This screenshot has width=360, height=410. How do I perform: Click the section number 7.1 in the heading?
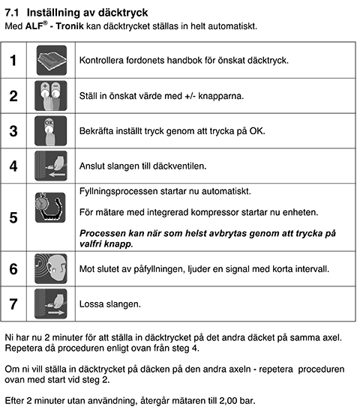15,13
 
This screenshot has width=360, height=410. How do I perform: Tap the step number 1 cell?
13,60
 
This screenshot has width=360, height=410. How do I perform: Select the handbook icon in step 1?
51,60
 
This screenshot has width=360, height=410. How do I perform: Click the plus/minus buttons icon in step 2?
51,96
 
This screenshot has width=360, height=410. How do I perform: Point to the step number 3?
13,131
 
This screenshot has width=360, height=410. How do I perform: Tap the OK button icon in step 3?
51,131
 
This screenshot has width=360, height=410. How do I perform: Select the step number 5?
13,218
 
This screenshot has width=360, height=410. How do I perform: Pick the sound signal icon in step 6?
51,268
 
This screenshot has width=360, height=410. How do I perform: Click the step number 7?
13,304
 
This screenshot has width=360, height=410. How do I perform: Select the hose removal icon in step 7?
51,304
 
